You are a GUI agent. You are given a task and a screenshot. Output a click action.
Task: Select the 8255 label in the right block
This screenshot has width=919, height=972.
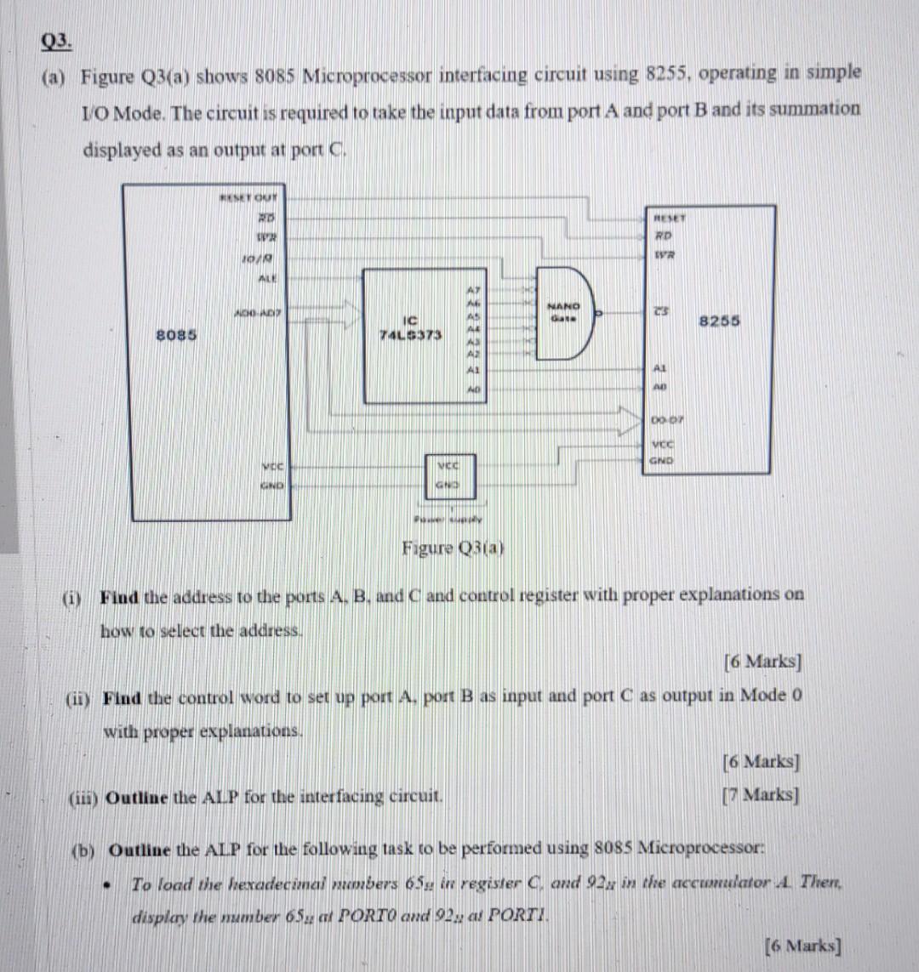click(x=719, y=321)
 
